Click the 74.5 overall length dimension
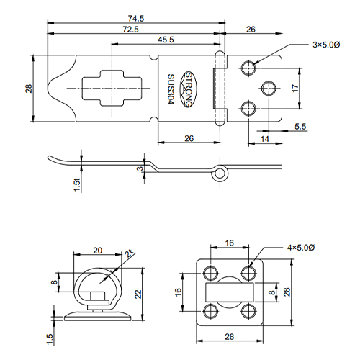[x=136, y=18]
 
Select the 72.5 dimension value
[x=131, y=30]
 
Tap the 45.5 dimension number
[x=166, y=40]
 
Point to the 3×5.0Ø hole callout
[x=326, y=45]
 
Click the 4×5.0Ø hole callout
[x=301, y=248]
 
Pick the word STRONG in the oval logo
[x=189, y=89]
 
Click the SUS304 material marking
[x=171, y=89]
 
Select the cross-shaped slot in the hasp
[x=112, y=88]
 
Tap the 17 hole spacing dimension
[x=295, y=88]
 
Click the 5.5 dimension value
[x=300, y=127]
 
